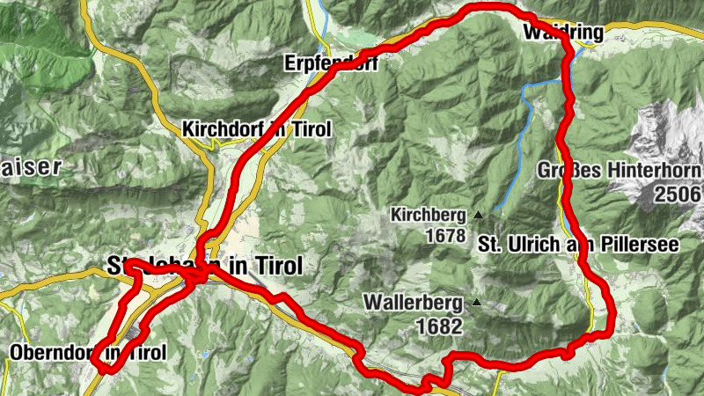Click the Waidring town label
563,33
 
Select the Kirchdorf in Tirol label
256,129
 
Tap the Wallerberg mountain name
413,304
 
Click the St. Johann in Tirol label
203,265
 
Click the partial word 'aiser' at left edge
30,166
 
